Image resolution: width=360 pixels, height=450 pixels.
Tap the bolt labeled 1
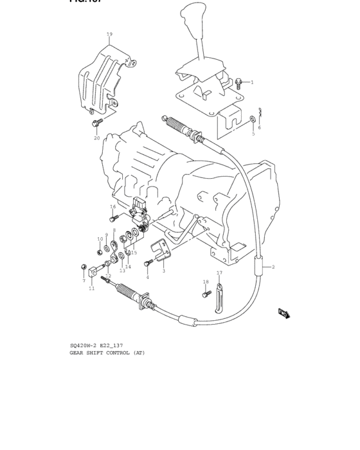[x=239, y=82]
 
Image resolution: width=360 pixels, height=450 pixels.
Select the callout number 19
[x=109, y=34]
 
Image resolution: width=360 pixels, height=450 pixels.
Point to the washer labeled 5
[x=253, y=120]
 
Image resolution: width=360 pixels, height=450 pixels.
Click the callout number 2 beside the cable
[x=273, y=266]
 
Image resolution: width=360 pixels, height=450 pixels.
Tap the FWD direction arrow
[x=284, y=313]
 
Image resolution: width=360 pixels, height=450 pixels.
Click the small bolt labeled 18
[x=206, y=293]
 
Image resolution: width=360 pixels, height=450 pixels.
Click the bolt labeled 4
[x=148, y=262]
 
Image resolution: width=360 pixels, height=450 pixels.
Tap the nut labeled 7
[x=84, y=266]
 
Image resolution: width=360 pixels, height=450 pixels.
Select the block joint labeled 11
[x=94, y=273]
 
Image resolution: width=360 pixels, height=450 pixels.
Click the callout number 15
[x=134, y=253]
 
